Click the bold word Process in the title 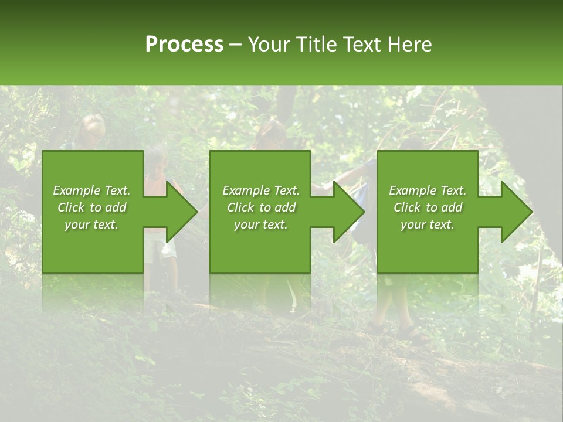184,45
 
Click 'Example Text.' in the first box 91,190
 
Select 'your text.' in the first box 91,224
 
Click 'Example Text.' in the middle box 261,190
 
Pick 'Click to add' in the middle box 261,207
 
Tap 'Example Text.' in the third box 428,190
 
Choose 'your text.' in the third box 428,224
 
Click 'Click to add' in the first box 91,207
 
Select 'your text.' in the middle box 261,224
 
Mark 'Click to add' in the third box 428,207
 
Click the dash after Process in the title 235,45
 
